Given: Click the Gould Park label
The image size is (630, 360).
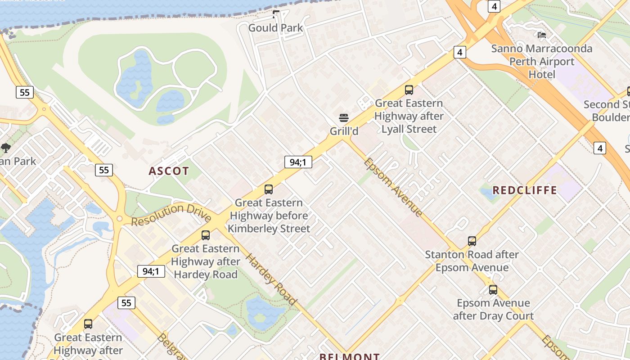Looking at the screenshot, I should (275, 28).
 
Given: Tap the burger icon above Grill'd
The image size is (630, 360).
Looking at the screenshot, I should (344, 118).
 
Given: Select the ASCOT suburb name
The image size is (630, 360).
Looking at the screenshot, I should (169, 171).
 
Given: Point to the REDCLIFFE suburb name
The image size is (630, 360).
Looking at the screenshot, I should (525, 190).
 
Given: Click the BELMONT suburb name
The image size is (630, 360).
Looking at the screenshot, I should (349, 356).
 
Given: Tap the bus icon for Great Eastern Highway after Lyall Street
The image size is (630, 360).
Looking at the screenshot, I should (409, 90).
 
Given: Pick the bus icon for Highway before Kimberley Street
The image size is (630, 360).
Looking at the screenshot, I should (269, 189).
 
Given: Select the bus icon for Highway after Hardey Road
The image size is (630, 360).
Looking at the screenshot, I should (206, 235).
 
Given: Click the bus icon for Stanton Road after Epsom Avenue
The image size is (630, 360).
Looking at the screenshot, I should (472, 241).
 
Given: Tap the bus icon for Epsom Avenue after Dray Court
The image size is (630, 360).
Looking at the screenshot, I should (493, 290).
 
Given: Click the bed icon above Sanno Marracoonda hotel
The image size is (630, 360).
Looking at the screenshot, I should (542, 35).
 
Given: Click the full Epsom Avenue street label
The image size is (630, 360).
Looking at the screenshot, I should (392, 187).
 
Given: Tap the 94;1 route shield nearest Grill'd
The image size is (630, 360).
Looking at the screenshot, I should (298, 162).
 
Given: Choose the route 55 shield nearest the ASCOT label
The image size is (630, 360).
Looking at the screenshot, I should (104, 170).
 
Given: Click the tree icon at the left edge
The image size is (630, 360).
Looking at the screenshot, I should (6, 148).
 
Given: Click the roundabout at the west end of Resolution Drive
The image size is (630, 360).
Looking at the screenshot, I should (120, 219).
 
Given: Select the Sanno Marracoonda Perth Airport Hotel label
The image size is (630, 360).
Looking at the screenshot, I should (542, 61).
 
